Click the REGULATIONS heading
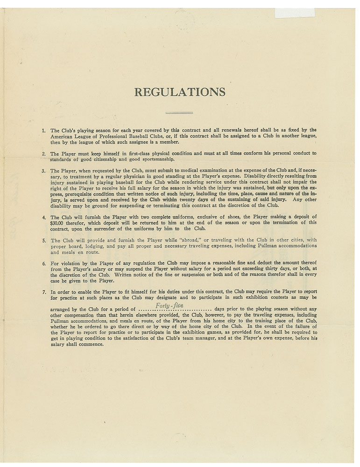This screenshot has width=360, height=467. pyautogui.click(x=180, y=92)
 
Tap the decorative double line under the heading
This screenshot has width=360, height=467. pyautogui.click(x=180, y=113)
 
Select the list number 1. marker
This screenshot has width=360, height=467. pyautogui.click(x=44, y=130)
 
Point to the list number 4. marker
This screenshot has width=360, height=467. pyautogui.click(x=44, y=217)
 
